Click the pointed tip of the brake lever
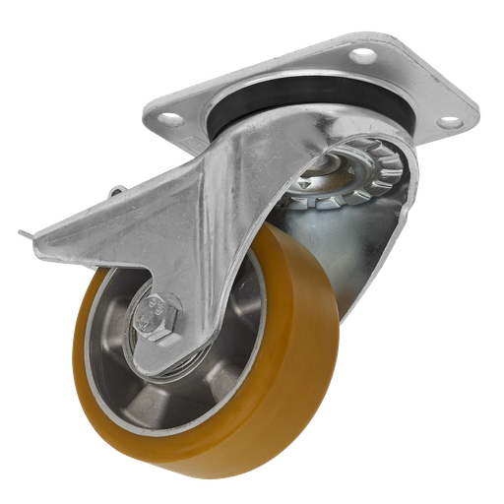click(20, 232)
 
